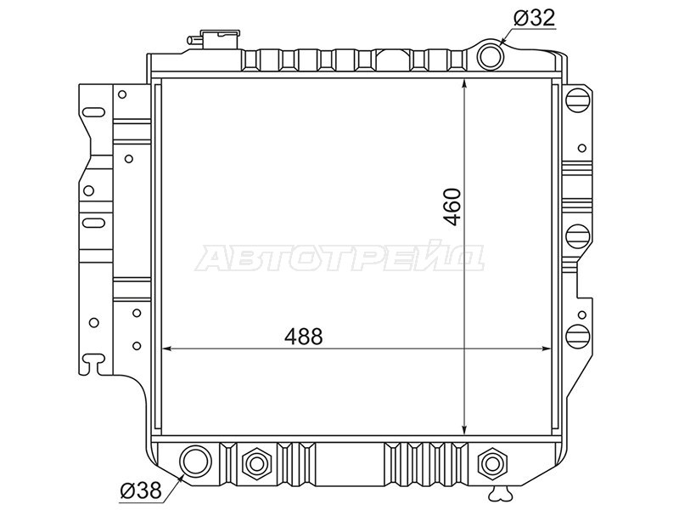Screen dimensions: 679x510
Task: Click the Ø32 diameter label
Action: tap(534, 18)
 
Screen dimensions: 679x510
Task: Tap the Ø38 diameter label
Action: tap(141, 491)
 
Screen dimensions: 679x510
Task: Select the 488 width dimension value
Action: tap(304, 336)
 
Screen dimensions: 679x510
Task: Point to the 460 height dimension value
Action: tap(452, 207)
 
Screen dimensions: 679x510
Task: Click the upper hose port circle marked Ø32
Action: tap(491, 56)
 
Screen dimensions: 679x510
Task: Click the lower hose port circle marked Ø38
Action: tap(196, 461)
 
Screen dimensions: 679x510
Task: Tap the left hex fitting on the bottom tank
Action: tap(256, 464)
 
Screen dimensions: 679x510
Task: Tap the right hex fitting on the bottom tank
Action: tap(492, 464)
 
